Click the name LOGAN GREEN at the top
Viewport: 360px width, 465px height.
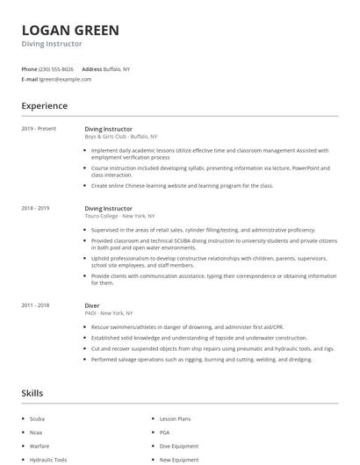pyautogui.click(x=70, y=30)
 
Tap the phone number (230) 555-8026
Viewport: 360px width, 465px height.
pyautogui.click(x=56, y=68)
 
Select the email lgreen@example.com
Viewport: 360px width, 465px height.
pyautogui.click(x=65, y=79)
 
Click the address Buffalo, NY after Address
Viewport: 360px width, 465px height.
pyautogui.click(x=118, y=68)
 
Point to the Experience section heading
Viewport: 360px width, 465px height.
pyautogui.click(x=44, y=106)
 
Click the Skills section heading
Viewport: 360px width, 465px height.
pyautogui.click(x=32, y=393)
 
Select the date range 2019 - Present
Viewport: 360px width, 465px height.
pyautogui.click(x=39, y=129)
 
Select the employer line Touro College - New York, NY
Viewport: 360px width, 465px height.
pyautogui.click(x=119, y=216)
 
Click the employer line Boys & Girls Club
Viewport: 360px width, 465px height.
pyautogui.click(x=120, y=137)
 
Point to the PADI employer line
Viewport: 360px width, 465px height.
pyautogui.click(x=108, y=312)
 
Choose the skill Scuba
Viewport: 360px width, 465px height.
pyautogui.click(x=37, y=418)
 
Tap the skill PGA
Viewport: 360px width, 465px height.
pyautogui.click(x=165, y=433)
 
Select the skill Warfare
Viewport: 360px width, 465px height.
pyautogui.click(x=39, y=446)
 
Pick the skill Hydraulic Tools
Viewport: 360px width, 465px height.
pyautogui.click(x=47, y=459)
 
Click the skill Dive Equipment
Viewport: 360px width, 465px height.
pyautogui.click(x=178, y=446)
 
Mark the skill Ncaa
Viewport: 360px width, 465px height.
pyautogui.click(x=36, y=433)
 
